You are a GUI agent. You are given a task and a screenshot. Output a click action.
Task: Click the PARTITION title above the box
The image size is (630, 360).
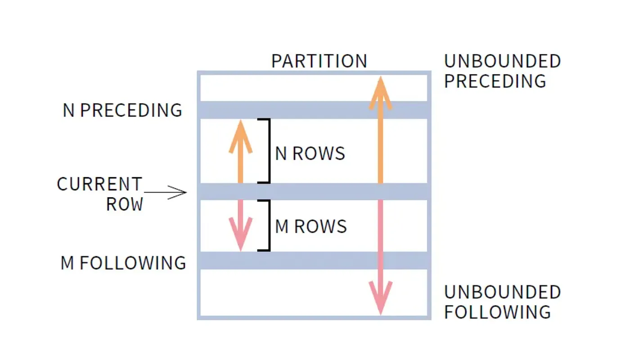[319, 61]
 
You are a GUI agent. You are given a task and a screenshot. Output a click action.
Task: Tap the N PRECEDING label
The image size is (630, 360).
[122, 110]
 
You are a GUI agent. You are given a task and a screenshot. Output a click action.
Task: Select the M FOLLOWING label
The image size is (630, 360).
[123, 263]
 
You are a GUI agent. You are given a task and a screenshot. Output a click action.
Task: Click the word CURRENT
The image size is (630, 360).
[99, 184]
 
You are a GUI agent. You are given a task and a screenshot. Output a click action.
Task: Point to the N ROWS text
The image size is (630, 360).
[310, 154]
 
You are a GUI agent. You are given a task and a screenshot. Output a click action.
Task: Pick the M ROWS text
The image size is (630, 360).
[310, 226]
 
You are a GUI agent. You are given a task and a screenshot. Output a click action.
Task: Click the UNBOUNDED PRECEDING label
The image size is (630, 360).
[502, 71]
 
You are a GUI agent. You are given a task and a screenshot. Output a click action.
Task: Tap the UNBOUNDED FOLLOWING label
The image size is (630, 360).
[502, 302]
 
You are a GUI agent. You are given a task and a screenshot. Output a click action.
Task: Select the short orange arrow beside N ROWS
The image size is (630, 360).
[240, 153]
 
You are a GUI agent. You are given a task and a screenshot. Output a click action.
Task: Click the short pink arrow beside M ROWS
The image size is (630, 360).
[240, 225]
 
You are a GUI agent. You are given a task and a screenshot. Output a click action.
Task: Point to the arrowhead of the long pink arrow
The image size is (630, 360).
[380, 297]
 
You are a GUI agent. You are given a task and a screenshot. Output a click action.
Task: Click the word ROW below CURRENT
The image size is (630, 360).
[124, 204]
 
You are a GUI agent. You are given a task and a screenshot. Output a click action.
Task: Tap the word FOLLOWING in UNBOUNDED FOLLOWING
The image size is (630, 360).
[497, 312]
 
